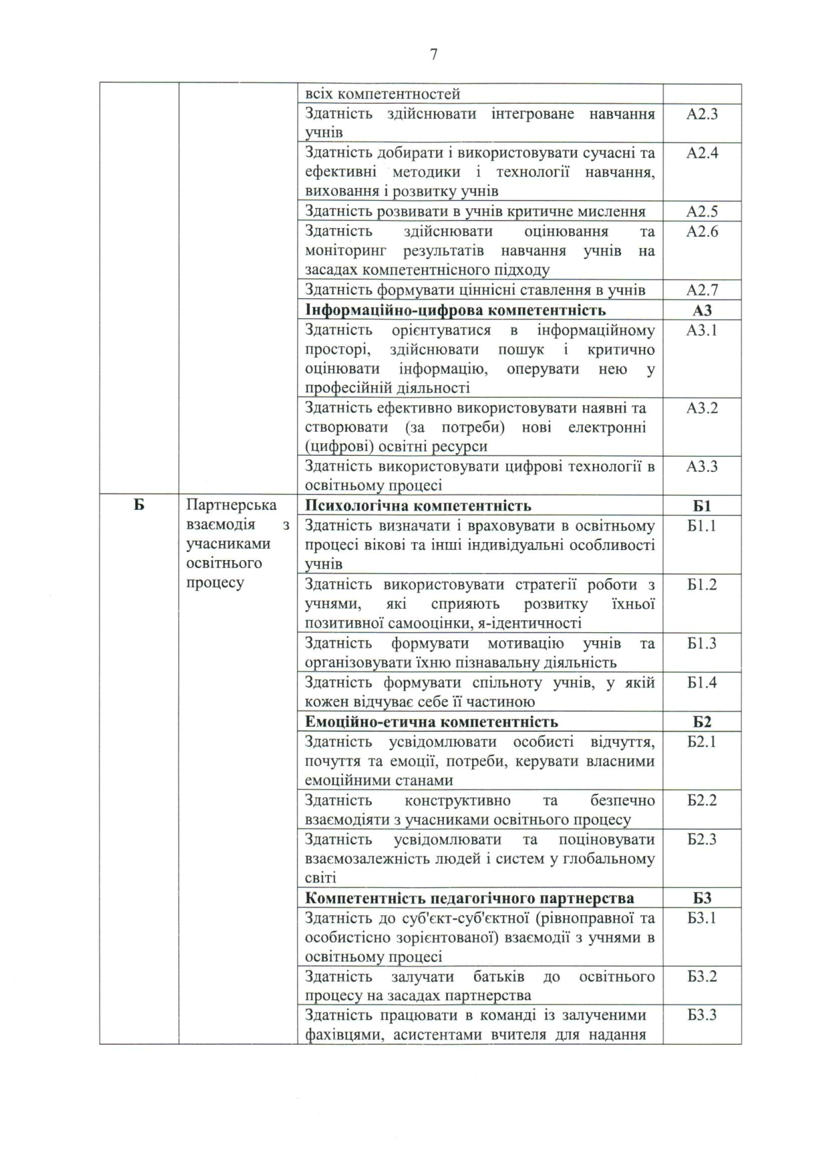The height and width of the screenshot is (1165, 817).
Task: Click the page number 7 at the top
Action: pos(434,55)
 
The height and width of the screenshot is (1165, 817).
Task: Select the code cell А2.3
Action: pos(702,114)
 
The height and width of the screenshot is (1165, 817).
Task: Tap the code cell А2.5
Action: pos(702,212)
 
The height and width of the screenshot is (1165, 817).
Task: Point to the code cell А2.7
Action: pos(702,290)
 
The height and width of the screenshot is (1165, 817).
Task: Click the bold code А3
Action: pos(702,310)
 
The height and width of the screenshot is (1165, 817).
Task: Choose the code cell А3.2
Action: pos(702,408)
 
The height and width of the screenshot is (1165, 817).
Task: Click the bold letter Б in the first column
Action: pos(138,505)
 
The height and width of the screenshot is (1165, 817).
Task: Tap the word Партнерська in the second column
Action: pos(231,505)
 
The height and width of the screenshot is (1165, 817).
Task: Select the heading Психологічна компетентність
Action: pos(418,506)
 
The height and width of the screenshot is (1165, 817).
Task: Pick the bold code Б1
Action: pos(702,506)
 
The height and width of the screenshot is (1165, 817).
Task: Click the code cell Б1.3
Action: pos(702,644)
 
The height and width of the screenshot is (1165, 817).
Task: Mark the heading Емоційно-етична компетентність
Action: pos(431,722)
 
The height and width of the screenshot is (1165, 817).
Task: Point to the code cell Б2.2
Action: pos(702,801)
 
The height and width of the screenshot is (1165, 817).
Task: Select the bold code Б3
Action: pos(702,898)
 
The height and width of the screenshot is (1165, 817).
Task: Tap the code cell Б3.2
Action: pos(702,977)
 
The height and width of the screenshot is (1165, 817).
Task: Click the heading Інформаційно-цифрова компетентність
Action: pos(455,310)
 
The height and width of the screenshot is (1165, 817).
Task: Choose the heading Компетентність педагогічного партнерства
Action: pos(469,898)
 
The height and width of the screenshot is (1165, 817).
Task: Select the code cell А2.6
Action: pos(702,232)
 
